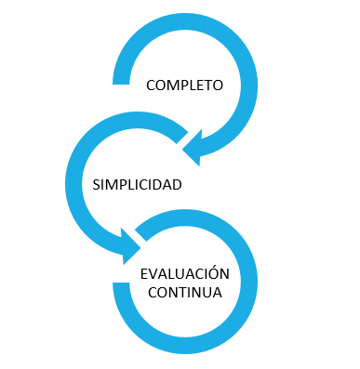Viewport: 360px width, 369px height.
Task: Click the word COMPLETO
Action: click(x=184, y=86)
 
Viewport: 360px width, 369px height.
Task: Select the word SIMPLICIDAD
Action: click(x=137, y=185)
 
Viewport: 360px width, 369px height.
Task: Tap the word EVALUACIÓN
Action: click(x=185, y=273)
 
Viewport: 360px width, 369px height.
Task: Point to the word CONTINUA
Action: click(x=185, y=293)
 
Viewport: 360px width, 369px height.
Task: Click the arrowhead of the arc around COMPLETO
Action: click(x=193, y=148)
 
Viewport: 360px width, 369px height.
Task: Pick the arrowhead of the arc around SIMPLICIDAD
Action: click(x=131, y=246)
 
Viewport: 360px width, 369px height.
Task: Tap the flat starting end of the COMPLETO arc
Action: click(x=121, y=82)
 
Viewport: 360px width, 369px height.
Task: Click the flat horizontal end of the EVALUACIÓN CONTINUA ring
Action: click(x=121, y=284)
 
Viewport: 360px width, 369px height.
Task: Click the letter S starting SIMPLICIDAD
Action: click(x=96, y=185)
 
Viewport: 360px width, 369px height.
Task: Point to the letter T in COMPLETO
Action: click(x=207, y=86)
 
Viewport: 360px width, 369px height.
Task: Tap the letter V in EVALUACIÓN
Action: click(x=153, y=274)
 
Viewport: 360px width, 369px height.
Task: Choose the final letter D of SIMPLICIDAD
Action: click(x=177, y=185)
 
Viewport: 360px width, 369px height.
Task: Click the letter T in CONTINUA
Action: click(x=183, y=293)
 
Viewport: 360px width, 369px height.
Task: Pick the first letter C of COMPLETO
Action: click(x=151, y=86)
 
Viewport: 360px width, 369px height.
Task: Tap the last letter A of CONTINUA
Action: click(x=217, y=293)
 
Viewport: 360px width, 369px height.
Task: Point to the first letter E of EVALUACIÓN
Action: click(x=144, y=274)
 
